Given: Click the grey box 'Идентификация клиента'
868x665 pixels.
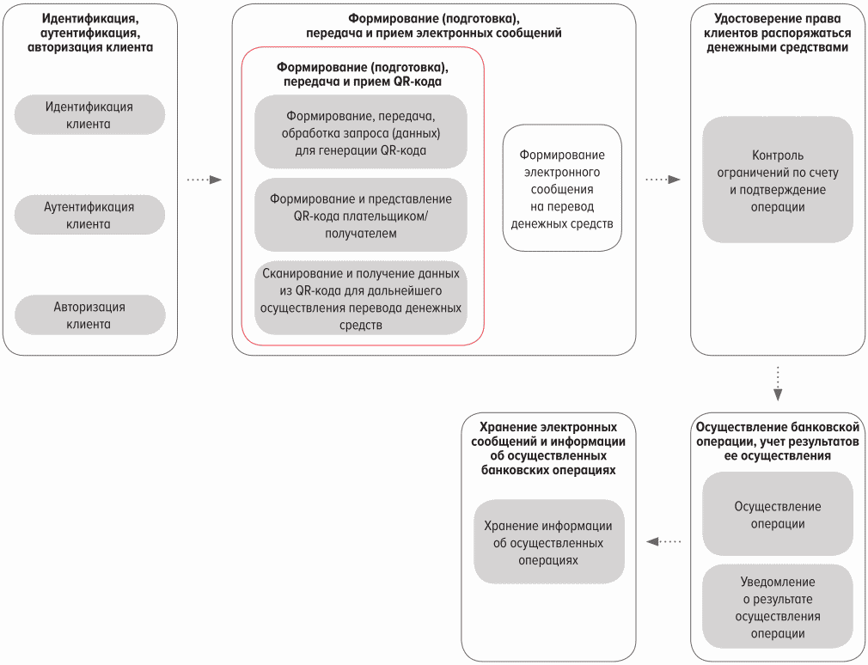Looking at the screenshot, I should click(89, 115).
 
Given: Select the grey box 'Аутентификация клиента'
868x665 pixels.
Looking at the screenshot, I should click(89, 216).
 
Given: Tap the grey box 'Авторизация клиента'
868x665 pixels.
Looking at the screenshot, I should click(89, 315).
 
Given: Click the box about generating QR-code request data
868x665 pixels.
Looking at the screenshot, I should click(361, 132).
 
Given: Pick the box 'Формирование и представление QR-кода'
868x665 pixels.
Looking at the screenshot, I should click(361, 216).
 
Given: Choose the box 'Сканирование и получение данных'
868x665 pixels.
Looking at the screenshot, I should click(361, 299).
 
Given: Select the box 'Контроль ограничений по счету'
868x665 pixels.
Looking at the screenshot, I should click(778, 180).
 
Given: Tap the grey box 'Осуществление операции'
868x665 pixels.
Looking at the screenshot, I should click(778, 515).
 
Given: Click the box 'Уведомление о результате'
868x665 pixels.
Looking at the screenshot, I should click(778, 607).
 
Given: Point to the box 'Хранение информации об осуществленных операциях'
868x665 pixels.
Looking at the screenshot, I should click(548, 542).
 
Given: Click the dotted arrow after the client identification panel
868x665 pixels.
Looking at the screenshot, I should click(204, 180).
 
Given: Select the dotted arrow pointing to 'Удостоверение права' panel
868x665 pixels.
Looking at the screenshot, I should click(663, 180).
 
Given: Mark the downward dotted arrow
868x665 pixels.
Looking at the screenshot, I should click(778, 383).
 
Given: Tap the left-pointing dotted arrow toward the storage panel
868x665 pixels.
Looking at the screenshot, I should click(663, 541).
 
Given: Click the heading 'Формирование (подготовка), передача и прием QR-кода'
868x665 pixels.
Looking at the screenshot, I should click(362, 74).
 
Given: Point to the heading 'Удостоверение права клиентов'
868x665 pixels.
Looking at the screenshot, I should click(778, 34).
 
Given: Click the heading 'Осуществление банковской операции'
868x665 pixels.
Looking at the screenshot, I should click(778, 442).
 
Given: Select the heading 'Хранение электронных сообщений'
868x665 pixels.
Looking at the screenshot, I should click(548, 448).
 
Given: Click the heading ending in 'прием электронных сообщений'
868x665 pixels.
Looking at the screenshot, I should click(434, 26).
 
